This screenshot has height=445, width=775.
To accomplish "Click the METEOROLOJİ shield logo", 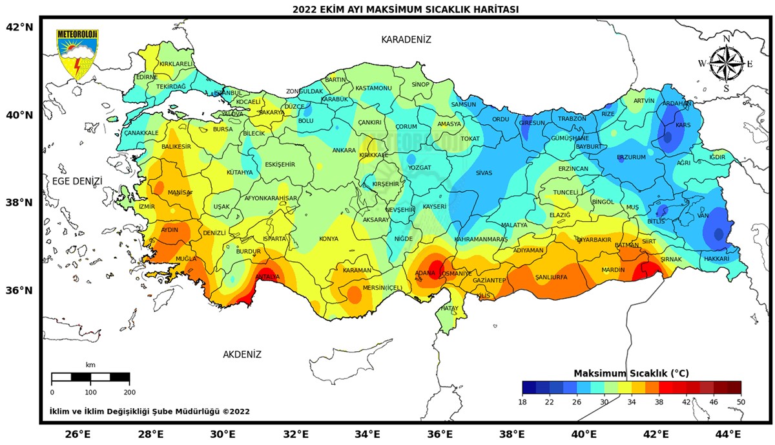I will [77, 54].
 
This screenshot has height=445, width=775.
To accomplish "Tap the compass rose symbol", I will [726, 63].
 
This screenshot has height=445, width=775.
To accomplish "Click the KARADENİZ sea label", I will [406, 39].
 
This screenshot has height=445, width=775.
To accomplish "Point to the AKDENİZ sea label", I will [242, 354].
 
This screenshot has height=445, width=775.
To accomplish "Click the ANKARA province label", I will [344, 150].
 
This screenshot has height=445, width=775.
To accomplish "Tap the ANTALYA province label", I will [267, 277].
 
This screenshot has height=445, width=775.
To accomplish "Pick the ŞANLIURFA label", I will [551, 277].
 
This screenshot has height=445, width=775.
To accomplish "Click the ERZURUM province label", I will [631, 157].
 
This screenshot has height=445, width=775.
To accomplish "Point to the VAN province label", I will [703, 215].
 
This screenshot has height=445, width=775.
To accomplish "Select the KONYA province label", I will [329, 239].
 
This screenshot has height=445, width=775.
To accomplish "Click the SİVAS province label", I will [484, 173].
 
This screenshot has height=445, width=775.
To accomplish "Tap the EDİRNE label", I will [147, 77].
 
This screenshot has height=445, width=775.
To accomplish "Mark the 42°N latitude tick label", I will [19, 27].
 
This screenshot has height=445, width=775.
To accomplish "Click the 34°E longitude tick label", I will [369, 433].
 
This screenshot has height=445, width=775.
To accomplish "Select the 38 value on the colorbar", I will [658, 402].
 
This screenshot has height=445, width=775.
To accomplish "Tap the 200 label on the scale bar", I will [129, 392].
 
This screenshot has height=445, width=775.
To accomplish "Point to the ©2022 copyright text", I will [236, 411].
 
